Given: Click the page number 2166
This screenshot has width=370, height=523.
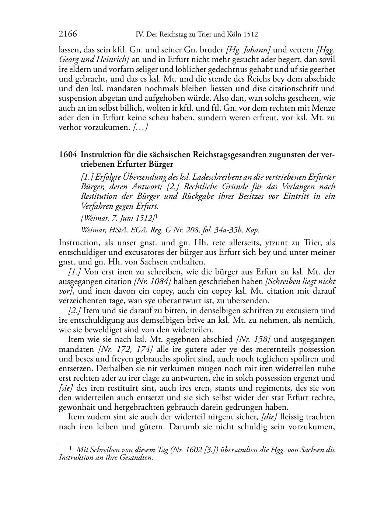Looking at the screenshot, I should pos(68,34).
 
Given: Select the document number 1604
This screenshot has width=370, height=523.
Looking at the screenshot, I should pos(68,154).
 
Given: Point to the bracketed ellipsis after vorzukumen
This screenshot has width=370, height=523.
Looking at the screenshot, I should pos(140,128).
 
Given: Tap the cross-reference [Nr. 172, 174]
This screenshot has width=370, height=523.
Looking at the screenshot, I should pos(125,349).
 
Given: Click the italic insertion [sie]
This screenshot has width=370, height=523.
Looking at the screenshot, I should pos(66,388).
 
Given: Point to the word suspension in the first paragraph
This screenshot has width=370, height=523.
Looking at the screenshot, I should pos(76,98).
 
